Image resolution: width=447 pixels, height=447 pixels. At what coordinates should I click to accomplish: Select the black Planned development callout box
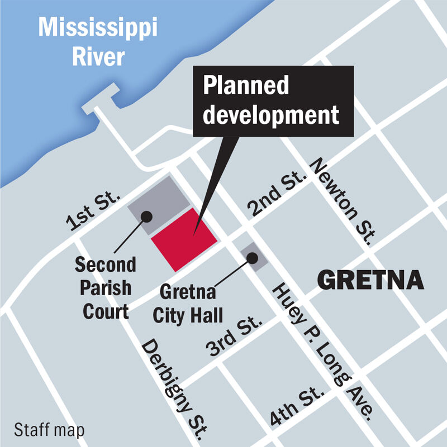click(273, 101)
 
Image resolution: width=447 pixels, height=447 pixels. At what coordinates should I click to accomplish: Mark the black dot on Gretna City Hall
click(253, 257)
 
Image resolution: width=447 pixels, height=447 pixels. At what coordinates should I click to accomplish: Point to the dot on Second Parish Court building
click(146, 215)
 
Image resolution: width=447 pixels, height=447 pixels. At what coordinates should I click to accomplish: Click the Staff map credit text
click(49, 430)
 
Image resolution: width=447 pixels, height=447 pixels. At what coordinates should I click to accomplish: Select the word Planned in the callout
click(246, 85)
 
